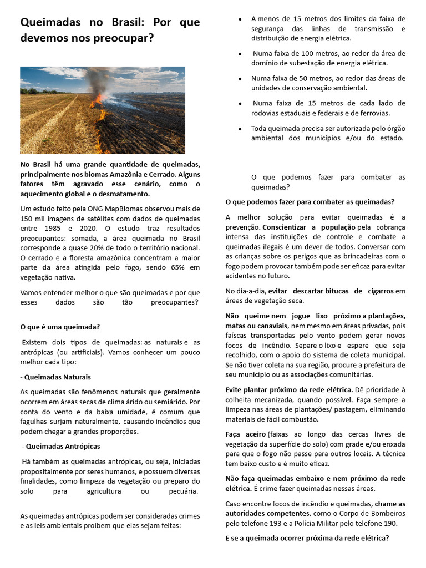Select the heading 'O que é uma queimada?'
[60, 327]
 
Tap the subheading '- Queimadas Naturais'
[55, 377]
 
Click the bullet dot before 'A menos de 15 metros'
[239, 19]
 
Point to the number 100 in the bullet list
[293, 54]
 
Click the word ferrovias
[373, 113]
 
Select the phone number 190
[390, 523]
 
